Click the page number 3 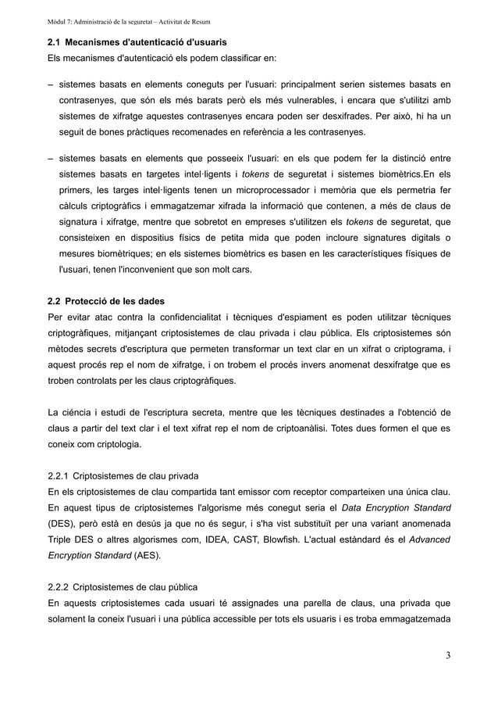447,654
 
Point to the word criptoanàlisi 297,429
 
